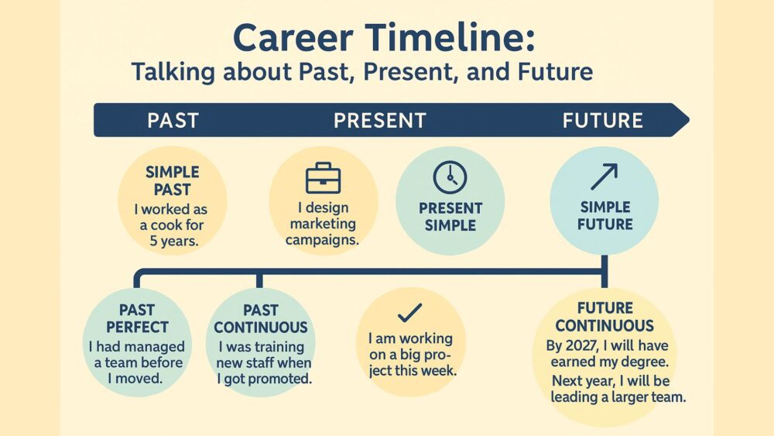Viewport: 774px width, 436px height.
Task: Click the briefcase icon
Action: click(324, 178)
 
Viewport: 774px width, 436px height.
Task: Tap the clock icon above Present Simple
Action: click(450, 177)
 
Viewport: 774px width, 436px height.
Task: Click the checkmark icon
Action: click(409, 313)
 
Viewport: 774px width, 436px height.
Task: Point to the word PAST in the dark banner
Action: click(173, 121)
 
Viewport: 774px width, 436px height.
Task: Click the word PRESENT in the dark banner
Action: click(379, 121)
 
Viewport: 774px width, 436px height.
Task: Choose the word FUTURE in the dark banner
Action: click(603, 121)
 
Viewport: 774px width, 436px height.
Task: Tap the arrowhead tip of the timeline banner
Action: click(689, 119)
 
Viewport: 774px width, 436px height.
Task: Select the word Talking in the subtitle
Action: click(173, 72)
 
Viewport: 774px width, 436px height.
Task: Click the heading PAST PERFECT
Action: click(137, 318)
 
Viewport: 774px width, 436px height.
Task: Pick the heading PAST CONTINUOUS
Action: click(261, 318)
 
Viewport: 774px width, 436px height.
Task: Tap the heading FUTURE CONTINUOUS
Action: click(604, 317)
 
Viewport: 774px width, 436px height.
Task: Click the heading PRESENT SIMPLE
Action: click(450, 217)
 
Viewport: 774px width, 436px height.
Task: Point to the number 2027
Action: click(580, 345)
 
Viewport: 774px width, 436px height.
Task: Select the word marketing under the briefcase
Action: click(323, 224)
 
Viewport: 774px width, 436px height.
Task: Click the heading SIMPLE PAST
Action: click(173, 180)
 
